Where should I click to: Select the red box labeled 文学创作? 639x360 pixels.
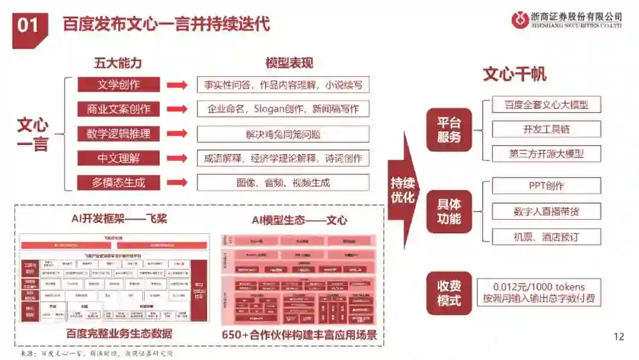[118, 85]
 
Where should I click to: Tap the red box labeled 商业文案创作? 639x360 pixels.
[118, 109]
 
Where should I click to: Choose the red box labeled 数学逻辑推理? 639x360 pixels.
[118, 134]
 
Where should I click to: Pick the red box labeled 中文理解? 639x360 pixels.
[118, 158]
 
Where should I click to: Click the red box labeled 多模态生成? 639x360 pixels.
[118, 182]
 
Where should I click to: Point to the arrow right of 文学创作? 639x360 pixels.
[176, 85]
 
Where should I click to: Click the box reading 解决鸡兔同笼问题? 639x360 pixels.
[283, 134]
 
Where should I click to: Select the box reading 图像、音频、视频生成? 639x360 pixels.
[283, 182]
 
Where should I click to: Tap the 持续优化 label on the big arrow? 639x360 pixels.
[402, 189]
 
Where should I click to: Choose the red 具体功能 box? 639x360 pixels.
[449, 212]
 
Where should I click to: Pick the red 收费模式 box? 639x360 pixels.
[449, 292]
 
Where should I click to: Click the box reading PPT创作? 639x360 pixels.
[546, 186]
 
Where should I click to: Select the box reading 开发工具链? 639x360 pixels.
[546, 129]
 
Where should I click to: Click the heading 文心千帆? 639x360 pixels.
[514, 75]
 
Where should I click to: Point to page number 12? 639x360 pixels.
[619, 337]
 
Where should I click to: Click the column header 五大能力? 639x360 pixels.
[118, 63]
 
